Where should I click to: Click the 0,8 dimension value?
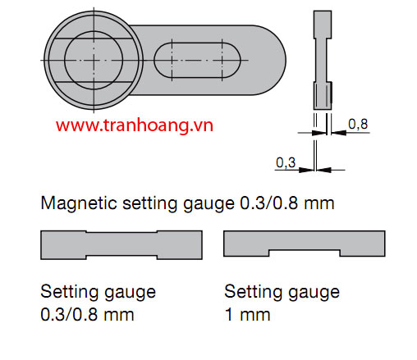coord(358,124)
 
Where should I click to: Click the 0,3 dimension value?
coord(286,162)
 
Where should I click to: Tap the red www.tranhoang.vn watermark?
coord(135,125)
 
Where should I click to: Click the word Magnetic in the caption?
coord(79,203)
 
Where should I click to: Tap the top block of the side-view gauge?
coord(323,25)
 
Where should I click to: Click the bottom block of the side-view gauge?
coord(323,96)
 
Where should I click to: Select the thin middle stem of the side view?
coord(322,60)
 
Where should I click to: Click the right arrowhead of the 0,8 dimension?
coord(339,133)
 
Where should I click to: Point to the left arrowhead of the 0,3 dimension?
coord(306,170)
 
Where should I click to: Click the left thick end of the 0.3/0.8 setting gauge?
coord(63,245)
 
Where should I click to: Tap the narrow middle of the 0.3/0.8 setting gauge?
coord(121,244)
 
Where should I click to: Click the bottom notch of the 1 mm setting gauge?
coord(305,253)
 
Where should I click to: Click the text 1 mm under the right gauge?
coord(247,315)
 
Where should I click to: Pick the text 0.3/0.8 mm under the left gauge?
coord(87,315)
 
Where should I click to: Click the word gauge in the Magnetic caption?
coord(208,204)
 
